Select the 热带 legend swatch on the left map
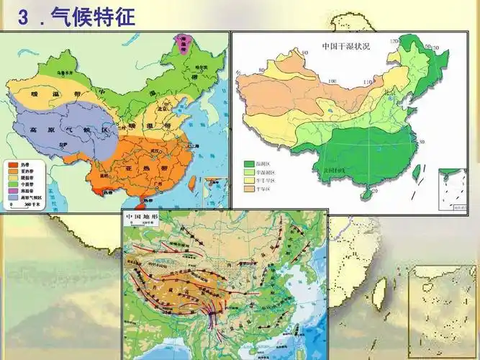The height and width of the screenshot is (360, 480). pos(14,164)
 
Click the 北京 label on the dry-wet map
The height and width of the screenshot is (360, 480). pos(389,92)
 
